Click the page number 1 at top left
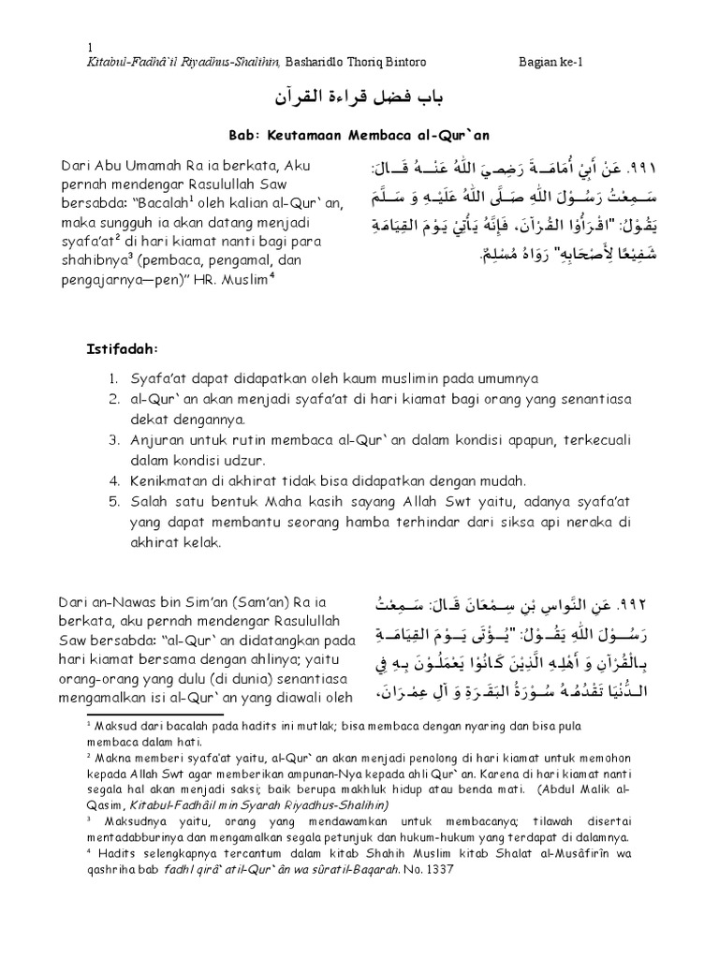tap(89, 49)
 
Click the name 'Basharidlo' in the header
tap(321, 61)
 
